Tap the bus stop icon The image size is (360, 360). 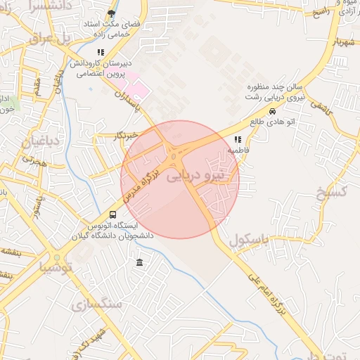[x=113, y=214]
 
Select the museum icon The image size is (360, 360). [x=139, y=263]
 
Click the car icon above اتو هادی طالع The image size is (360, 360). [x=272, y=111]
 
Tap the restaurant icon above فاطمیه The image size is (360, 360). [x=238, y=140]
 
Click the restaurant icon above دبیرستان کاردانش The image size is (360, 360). [x=101, y=52]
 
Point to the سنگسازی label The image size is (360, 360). [x=97, y=304]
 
